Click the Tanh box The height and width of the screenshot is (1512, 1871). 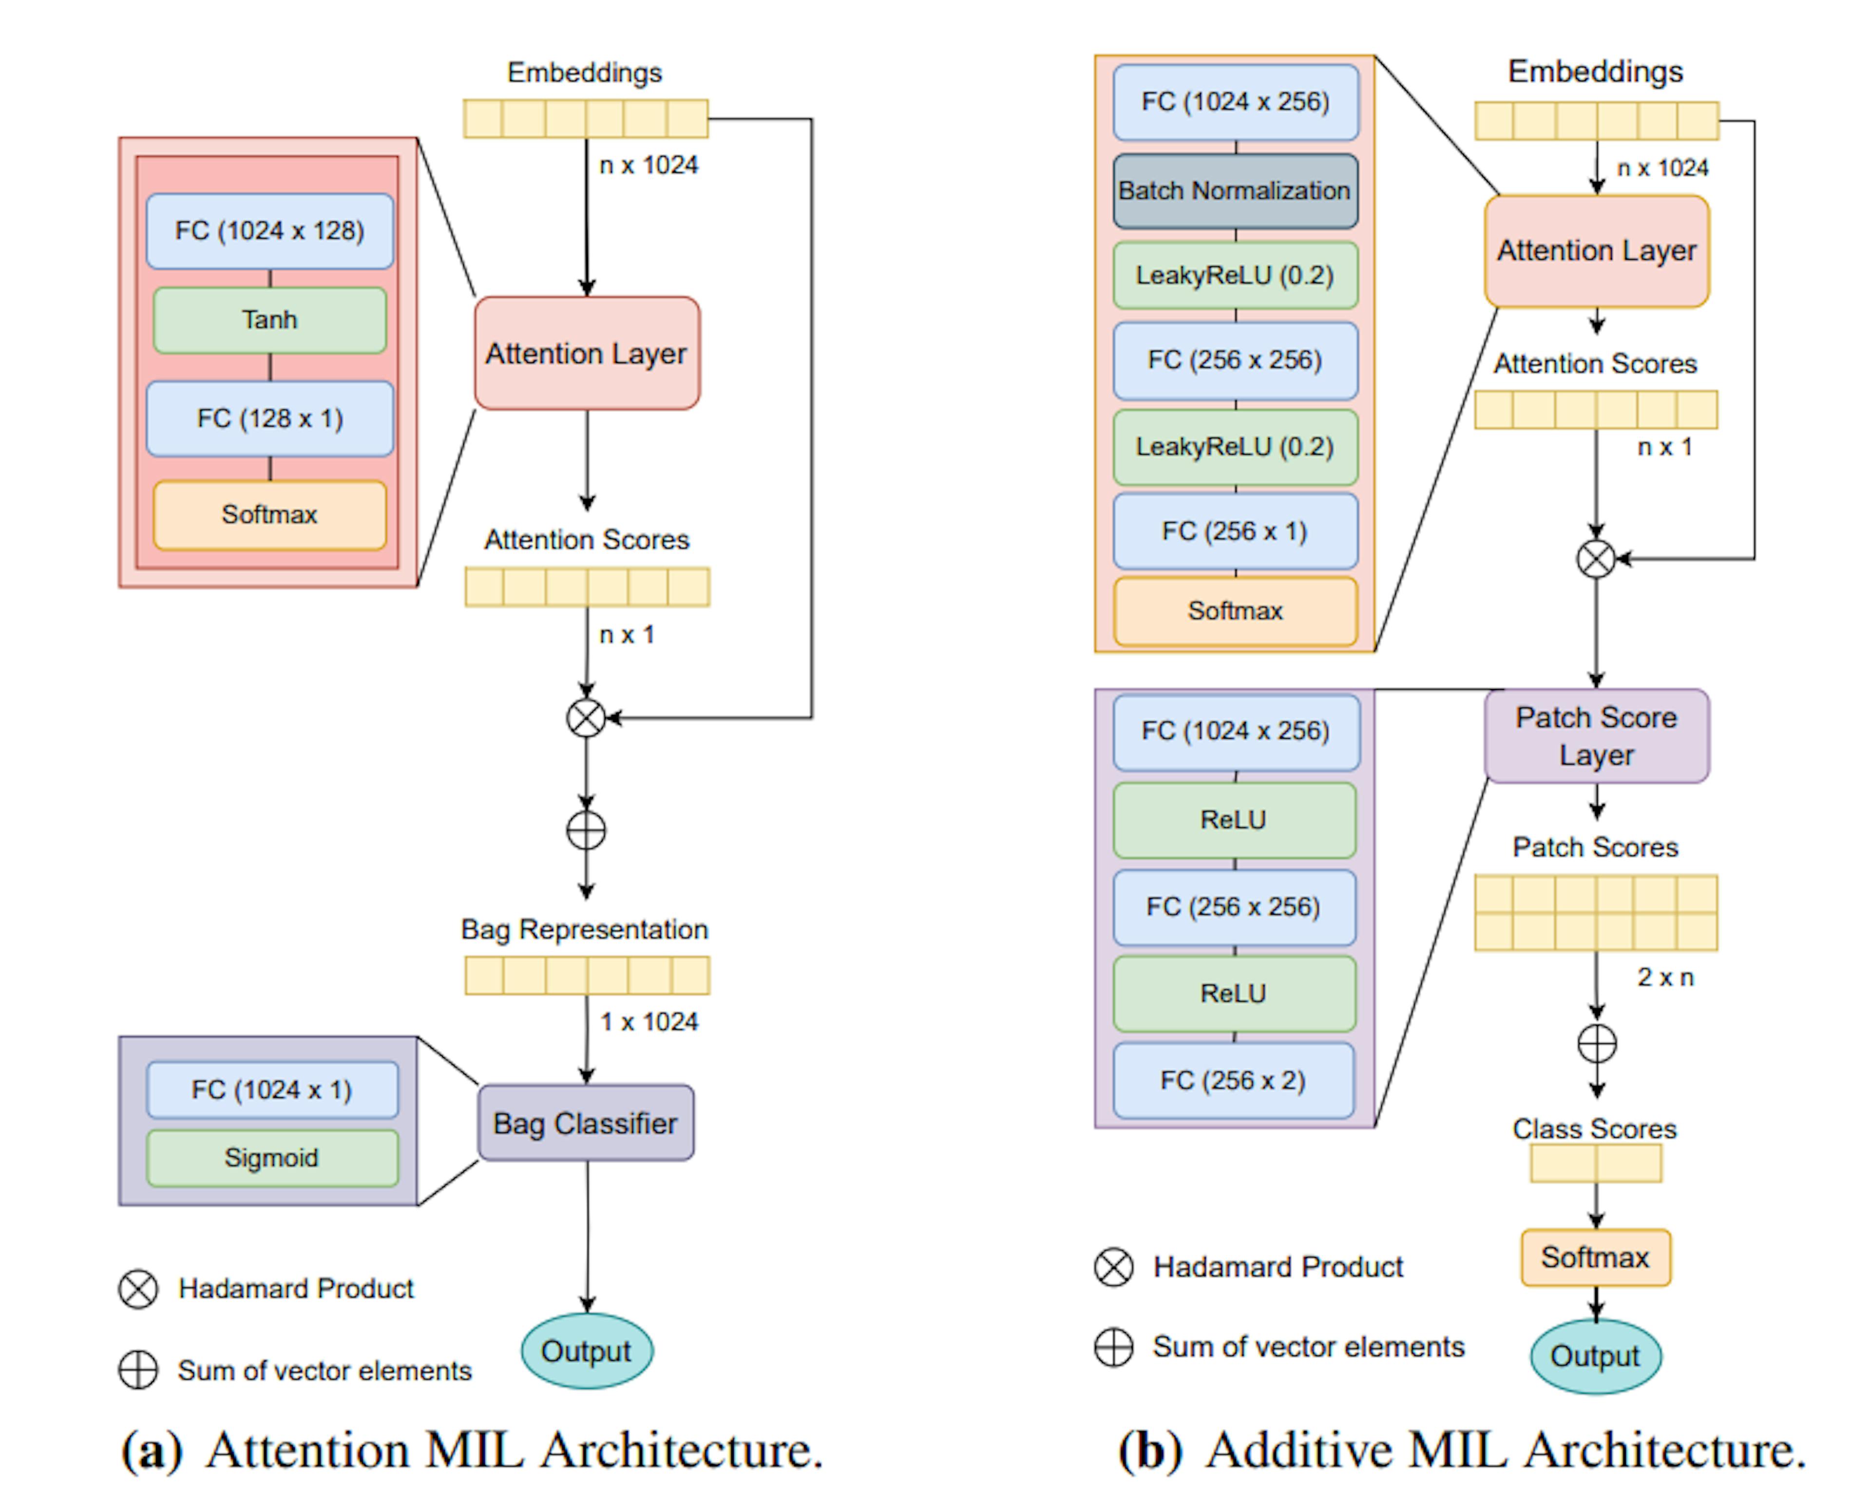point(269,320)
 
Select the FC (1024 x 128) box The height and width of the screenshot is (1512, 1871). point(269,231)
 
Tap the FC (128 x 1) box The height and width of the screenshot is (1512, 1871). point(269,418)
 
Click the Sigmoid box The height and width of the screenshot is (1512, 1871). point(272,1158)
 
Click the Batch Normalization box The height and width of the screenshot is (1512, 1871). point(1234,191)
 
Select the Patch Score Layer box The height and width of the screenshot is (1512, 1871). point(1596,736)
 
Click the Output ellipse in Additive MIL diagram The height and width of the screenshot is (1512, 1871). point(1595,1356)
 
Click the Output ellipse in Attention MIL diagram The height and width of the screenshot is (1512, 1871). point(586,1351)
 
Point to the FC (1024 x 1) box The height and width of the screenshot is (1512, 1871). point(272,1090)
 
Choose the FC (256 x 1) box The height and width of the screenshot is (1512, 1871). point(1234,531)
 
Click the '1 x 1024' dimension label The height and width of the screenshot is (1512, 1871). point(649,1022)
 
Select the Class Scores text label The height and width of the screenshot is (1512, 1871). point(1594,1129)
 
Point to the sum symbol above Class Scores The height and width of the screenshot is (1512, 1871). point(1597,1043)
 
